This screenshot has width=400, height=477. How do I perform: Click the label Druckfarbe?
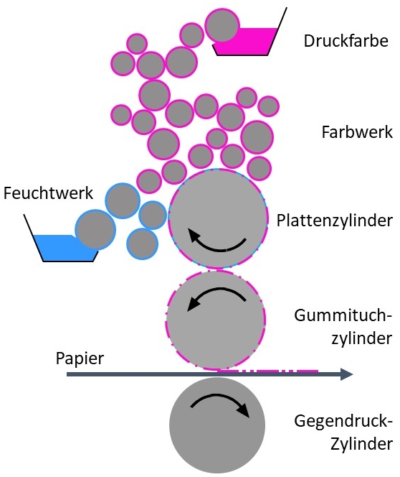346,41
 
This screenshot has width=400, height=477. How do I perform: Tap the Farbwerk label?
357,132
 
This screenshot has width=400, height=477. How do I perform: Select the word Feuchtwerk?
48,193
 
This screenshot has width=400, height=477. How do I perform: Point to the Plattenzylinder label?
335,221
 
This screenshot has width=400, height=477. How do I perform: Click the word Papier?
80,358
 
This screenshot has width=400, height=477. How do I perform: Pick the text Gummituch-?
343,315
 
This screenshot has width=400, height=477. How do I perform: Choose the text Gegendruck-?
343,422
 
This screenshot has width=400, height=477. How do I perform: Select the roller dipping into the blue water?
95,229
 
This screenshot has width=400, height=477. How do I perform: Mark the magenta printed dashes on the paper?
268,371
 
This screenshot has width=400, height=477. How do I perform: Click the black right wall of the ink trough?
277,32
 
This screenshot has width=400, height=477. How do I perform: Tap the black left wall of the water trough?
34,238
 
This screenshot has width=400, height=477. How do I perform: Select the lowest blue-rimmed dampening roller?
143,244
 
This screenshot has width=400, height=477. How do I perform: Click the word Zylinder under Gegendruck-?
361,444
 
